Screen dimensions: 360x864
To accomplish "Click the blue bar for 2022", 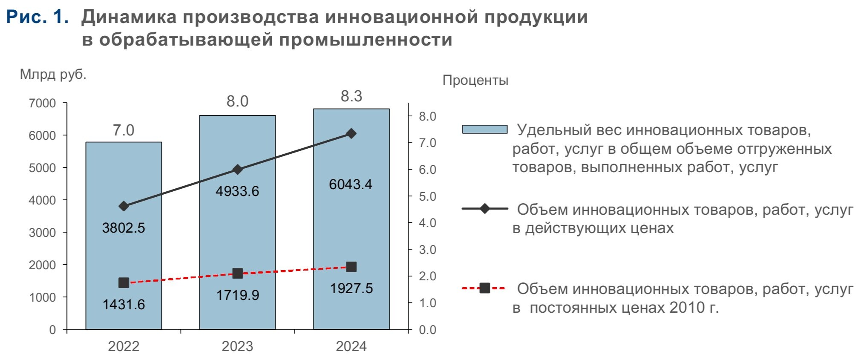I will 124,256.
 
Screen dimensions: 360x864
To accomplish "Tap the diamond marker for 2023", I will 238,170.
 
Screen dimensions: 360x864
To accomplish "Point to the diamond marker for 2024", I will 351,134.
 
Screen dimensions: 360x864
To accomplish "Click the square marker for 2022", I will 124,282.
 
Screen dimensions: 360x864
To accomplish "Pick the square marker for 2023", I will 238,274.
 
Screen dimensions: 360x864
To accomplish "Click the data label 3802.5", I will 124,228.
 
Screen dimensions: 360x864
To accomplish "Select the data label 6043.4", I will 351,184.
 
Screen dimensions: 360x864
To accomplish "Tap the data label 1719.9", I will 237,295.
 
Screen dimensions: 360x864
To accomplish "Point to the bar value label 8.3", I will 351,96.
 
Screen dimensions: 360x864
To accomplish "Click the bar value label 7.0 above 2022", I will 124,130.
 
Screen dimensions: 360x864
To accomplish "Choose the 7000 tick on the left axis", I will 42,103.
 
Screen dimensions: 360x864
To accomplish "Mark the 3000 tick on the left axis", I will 42,233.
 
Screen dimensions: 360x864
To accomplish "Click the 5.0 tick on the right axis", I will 427,196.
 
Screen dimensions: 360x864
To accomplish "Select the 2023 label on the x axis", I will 237,346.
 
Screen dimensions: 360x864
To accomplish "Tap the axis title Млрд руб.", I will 53,75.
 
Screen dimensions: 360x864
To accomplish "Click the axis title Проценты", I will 475,80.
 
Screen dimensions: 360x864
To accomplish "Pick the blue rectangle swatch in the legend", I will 484,129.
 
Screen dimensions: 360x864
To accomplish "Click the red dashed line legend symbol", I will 484,288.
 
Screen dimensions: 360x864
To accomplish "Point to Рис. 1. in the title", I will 37,17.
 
